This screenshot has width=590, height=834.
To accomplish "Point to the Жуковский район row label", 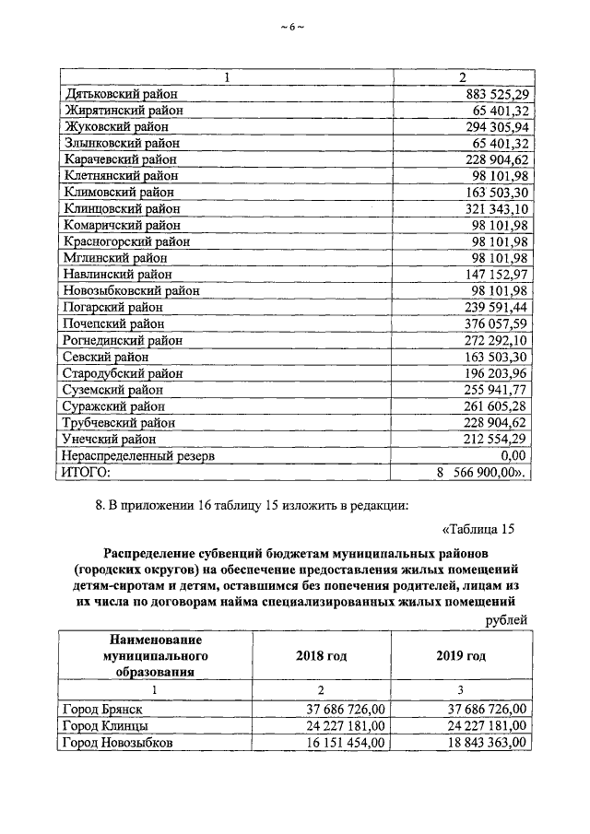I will [115, 127].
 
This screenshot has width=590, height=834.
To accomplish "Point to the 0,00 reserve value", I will [513, 455].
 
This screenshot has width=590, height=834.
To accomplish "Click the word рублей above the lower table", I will [506, 620].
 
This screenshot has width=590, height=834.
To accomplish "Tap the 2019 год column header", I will [460, 656].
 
